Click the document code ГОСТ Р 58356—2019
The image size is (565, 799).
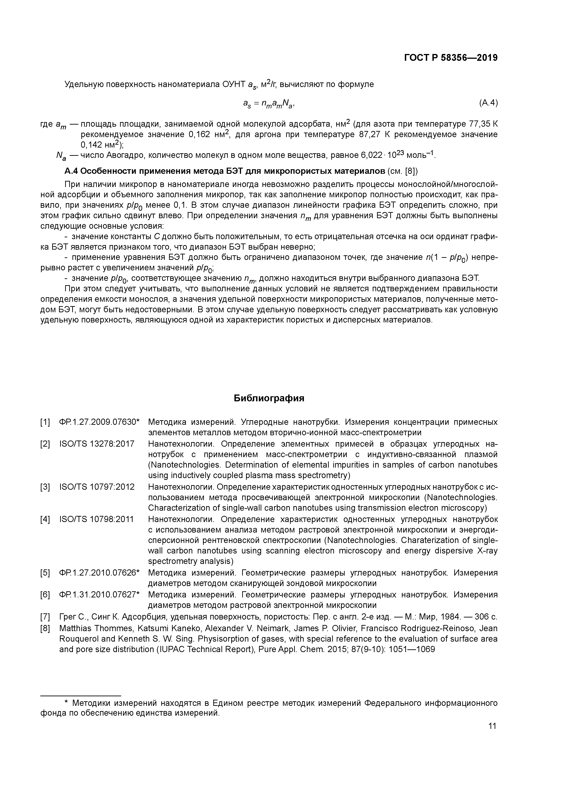click(451, 58)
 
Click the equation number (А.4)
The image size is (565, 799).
click(488, 103)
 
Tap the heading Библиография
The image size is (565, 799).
click(269, 398)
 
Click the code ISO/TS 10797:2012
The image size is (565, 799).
click(97, 487)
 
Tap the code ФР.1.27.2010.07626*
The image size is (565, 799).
click(99, 573)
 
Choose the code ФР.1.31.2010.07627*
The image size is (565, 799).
click(99, 595)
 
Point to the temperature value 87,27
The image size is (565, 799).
click(369, 134)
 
